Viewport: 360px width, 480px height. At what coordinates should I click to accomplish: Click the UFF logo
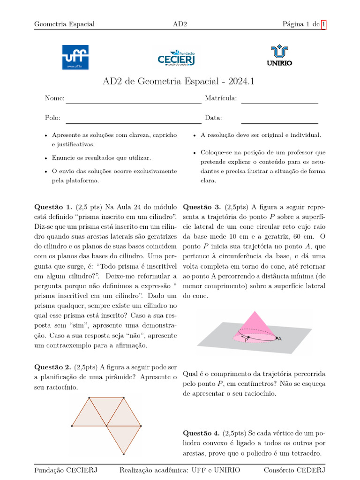(x=75, y=57)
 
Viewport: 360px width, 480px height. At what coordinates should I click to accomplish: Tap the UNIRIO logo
(x=279, y=56)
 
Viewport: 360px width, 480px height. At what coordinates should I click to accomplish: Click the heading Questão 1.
(x=53, y=207)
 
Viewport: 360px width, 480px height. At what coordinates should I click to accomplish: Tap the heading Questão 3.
(x=202, y=207)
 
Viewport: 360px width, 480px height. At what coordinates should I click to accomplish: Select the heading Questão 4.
(x=202, y=433)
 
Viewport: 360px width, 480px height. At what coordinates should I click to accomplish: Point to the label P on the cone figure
(x=246, y=341)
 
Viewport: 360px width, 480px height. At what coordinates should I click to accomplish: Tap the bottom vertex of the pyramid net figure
(x=123, y=454)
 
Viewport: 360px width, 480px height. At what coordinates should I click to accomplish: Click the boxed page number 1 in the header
(x=323, y=24)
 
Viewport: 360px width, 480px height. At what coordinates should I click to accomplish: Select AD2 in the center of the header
(x=180, y=24)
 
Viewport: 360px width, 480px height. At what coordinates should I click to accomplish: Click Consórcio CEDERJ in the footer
(x=294, y=470)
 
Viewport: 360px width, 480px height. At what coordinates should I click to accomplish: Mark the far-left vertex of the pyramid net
(x=72, y=426)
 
